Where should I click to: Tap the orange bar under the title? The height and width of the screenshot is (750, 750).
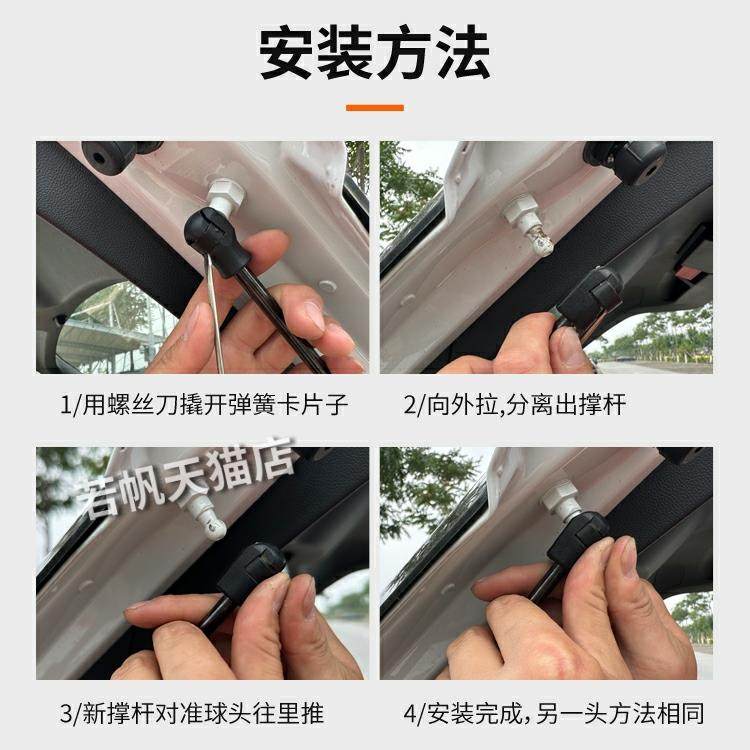375,107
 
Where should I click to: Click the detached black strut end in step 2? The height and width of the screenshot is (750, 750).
591,296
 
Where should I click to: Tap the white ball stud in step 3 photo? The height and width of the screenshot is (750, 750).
205,510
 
